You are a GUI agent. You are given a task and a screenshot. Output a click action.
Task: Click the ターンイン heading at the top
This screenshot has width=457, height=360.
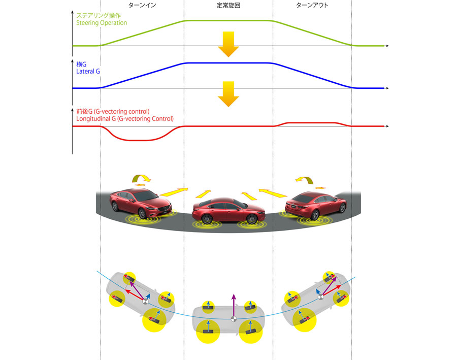[142, 5]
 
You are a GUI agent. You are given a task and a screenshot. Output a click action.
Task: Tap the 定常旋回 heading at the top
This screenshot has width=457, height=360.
[228, 5]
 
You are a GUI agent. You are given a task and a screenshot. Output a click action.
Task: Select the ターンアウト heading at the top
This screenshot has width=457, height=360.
[312, 5]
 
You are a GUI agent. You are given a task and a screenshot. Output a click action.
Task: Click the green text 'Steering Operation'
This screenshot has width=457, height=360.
[102, 23]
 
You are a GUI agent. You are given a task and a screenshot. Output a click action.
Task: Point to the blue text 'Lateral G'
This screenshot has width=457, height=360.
[88, 72]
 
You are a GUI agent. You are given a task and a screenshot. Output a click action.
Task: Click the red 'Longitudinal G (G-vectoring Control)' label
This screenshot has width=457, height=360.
[125, 119]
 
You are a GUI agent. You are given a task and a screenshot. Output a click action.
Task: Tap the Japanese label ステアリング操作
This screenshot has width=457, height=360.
[98, 15]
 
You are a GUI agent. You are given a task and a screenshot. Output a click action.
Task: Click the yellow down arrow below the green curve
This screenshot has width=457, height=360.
[228, 44]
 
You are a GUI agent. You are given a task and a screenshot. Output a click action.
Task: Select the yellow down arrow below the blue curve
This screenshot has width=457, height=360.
[228, 94]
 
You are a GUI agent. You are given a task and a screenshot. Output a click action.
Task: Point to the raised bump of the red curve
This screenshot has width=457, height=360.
[312, 123]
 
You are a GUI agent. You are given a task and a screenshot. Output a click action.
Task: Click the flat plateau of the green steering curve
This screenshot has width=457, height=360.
[228, 21]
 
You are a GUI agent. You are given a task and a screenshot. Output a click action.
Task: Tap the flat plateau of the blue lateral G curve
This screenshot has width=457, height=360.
[228, 63]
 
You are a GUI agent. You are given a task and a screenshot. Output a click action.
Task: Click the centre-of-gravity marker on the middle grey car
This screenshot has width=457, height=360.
[233, 319]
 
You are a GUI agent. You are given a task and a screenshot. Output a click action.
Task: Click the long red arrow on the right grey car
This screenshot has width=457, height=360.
[332, 290]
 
